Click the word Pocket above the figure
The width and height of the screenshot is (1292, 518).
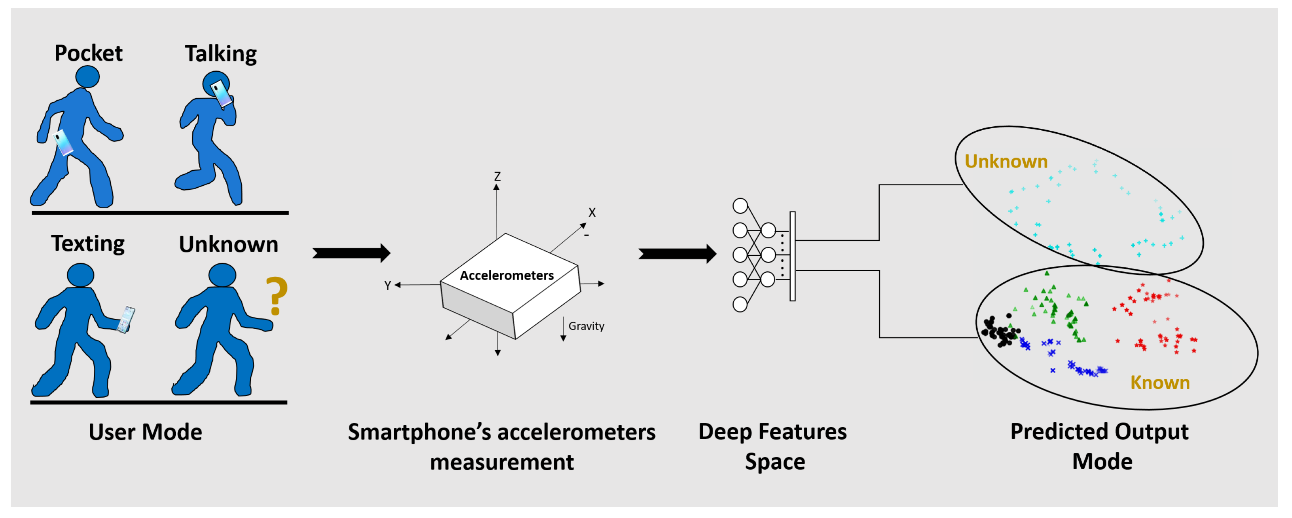pyautogui.click(x=88, y=53)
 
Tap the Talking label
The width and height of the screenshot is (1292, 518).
pyautogui.click(x=221, y=54)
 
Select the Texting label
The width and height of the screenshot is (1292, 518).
pyautogui.click(x=88, y=244)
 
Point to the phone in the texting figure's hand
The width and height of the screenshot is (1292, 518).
pyautogui.click(x=126, y=320)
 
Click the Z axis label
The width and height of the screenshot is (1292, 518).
pyautogui.click(x=497, y=176)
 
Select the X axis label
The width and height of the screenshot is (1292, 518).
pyautogui.click(x=592, y=212)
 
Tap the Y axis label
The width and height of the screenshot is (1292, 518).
pyautogui.click(x=387, y=286)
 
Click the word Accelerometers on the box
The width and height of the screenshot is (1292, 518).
pyautogui.click(x=507, y=276)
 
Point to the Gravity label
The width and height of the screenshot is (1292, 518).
pyautogui.click(x=586, y=326)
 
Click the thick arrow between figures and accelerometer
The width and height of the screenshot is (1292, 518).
pyautogui.click(x=351, y=253)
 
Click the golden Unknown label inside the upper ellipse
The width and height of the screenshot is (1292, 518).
pyautogui.click(x=1006, y=161)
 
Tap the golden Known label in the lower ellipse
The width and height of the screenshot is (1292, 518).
pyautogui.click(x=1159, y=383)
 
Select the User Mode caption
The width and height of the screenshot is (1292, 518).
pyautogui.click(x=146, y=432)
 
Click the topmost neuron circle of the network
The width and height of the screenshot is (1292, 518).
pyautogui.click(x=740, y=206)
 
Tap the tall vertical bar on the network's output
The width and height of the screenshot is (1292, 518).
pyautogui.click(x=793, y=256)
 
